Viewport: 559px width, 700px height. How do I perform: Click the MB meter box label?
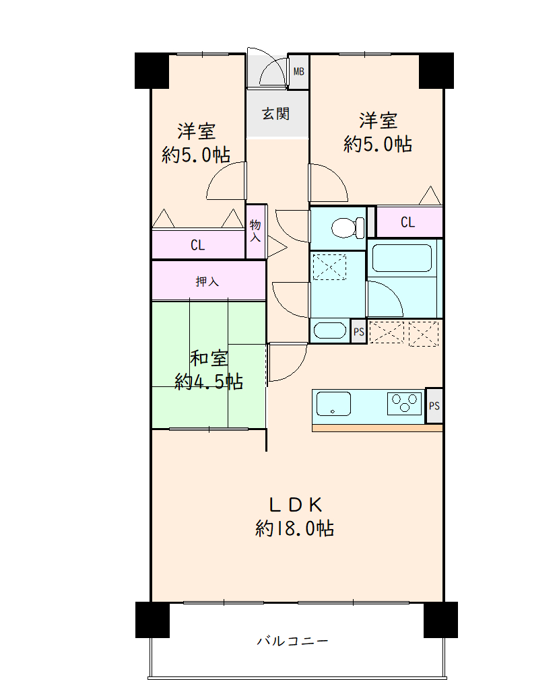tap(298, 71)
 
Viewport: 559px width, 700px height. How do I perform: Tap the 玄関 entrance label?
tap(275, 114)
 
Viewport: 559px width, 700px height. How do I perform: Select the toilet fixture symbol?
tap(348, 228)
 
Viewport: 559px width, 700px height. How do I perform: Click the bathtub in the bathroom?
tap(401, 258)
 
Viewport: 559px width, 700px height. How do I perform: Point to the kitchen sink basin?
tap(333, 404)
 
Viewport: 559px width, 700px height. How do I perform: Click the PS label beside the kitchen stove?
tap(434, 406)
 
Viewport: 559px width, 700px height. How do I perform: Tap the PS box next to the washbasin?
tap(358, 332)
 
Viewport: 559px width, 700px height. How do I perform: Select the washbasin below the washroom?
tap(330, 330)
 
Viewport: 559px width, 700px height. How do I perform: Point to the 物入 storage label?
tap(255, 230)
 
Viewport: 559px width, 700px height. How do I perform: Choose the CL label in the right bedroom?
tap(407, 222)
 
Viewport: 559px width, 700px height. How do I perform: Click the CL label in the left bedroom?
tap(197, 245)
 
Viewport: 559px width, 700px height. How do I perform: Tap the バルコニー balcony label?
tap(293, 641)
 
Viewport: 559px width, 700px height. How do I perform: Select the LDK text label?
tap(296, 505)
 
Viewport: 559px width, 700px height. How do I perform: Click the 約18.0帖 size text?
tap(294, 528)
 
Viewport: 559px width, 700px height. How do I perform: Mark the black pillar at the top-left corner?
tap(152, 71)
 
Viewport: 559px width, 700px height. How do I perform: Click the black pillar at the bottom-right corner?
tap(440, 620)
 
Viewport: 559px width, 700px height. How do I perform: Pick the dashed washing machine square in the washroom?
tap(329, 267)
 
